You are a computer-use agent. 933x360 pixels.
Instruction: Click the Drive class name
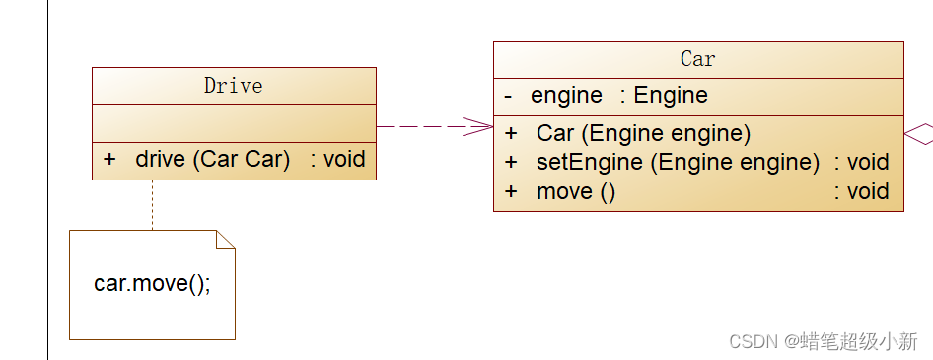pos(233,86)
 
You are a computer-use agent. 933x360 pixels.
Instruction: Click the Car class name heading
pos(697,59)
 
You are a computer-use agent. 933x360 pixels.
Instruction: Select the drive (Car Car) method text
pos(212,160)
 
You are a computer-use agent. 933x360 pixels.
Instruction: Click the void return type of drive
pos(337,160)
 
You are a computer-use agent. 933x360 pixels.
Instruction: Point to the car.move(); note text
pos(153,284)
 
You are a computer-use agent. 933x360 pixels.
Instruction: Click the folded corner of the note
pos(225,240)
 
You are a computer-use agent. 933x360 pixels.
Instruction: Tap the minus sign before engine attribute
pos(508,96)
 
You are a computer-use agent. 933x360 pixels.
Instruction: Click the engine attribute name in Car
pos(566,96)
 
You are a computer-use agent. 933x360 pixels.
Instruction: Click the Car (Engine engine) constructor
pos(643,133)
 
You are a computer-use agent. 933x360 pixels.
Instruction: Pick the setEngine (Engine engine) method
pos(678,162)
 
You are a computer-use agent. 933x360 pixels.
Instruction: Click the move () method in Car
pos(576,191)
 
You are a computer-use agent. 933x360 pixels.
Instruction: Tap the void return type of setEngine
pos(861,162)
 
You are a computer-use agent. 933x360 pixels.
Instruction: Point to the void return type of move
pos(861,191)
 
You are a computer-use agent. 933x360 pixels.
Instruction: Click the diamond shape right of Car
pos(919,135)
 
